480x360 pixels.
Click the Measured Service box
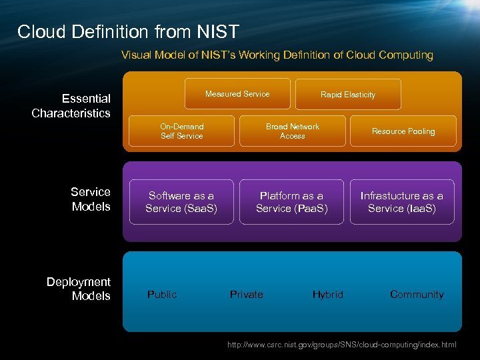[237, 94]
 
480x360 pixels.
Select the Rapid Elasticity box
[347, 95]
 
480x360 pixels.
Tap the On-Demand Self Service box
[181, 131]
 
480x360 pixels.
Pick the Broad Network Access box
[292, 131]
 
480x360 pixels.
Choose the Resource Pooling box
[403, 131]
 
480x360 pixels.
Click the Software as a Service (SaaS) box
[181, 202]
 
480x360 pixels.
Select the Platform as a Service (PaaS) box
[292, 202]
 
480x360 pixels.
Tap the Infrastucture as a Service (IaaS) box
[401, 202]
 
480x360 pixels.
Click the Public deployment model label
[162, 294]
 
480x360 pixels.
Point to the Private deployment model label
[246, 294]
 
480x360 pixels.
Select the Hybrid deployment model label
[328, 294]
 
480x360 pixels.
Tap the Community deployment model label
[417, 294]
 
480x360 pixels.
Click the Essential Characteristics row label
[71, 106]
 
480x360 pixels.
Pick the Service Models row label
[91, 199]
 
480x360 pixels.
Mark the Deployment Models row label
[79, 289]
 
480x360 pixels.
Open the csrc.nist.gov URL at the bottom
[342, 345]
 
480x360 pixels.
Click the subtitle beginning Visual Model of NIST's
[277, 55]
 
